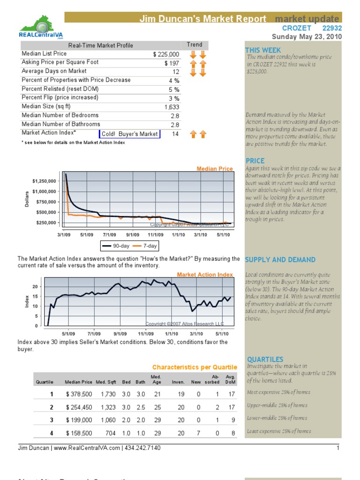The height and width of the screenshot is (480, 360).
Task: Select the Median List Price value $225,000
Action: click(x=166, y=54)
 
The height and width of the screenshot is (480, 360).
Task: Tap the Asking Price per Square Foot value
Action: click(x=172, y=63)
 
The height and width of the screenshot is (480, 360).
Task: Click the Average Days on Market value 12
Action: click(x=176, y=72)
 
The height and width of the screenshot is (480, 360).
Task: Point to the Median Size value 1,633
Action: click(x=172, y=107)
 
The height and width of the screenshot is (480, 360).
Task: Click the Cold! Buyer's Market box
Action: click(x=129, y=134)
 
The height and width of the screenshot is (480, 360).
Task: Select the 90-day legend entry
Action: click(x=114, y=246)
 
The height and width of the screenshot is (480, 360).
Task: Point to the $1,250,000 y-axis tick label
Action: click(x=44, y=181)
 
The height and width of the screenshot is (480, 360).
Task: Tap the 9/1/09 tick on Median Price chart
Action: click(x=133, y=234)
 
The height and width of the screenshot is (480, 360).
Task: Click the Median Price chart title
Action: click(x=214, y=169)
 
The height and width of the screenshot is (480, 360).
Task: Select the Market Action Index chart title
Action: click(x=204, y=275)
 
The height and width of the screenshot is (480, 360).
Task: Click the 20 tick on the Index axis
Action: click(x=35, y=286)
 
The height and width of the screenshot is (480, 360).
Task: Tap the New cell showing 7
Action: click(x=199, y=433)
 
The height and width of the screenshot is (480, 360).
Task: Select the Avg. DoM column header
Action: click(x=230, y=379)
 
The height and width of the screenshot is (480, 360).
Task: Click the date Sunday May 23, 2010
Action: click(x=307, y=37)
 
